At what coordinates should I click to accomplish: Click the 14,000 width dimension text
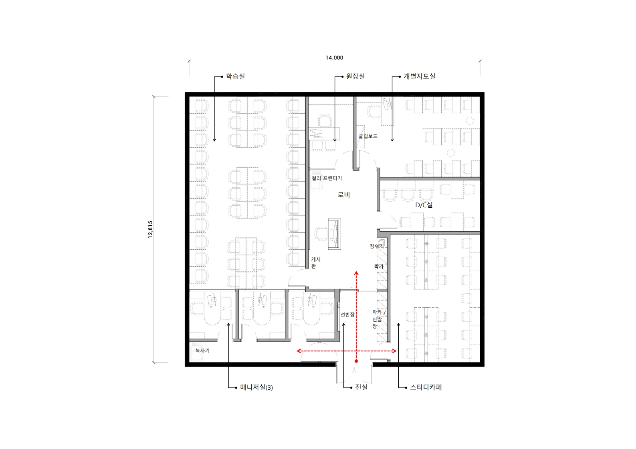[334, 58]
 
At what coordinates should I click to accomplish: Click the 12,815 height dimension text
[150, 229]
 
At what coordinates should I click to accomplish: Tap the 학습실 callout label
[235, 76]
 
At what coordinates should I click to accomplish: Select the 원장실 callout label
[355, 76]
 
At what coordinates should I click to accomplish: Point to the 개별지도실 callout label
[419, 76]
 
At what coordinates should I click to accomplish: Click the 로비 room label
[343, 195]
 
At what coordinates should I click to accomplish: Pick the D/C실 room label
[424, 205]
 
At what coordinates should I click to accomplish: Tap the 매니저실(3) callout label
[256, 387]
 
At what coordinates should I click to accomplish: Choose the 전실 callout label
[361, 387]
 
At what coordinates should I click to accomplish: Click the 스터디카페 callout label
[426, 387]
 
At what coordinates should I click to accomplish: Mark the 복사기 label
[202, 351]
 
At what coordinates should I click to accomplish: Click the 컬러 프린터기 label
[327, 178]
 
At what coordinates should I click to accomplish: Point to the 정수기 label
[376, 246]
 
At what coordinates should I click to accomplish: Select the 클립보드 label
[368, 136]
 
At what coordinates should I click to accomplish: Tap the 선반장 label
[347, 315]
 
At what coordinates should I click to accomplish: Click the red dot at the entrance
[356, 361]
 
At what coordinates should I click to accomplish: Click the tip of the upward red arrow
[356, 271]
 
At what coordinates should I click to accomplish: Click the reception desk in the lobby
[335, 234]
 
